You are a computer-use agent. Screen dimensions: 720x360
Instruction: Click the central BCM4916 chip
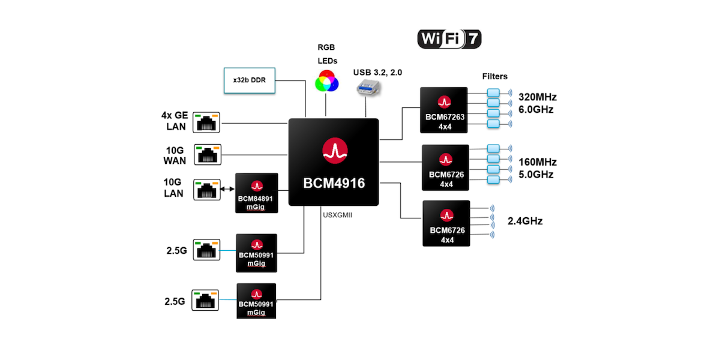334,162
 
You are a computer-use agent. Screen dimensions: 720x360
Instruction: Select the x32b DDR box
250,80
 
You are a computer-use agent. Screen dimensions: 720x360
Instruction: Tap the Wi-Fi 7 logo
449,39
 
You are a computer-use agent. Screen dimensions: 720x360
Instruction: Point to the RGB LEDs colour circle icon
327,81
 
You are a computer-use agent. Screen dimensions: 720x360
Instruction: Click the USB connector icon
368,88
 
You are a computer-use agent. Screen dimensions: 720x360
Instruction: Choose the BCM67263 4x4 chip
444,110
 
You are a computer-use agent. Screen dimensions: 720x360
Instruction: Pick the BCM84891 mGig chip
257,193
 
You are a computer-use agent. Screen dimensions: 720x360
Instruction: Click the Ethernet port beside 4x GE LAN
206,122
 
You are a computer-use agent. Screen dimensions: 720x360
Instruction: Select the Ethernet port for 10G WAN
208,155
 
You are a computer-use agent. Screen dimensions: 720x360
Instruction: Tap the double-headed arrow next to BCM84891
227,189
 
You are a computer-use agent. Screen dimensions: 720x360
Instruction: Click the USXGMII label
337,215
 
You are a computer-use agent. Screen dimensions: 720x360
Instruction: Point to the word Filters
494,77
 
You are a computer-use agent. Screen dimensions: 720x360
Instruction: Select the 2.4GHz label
525,221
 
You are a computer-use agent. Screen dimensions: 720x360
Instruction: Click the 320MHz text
538,97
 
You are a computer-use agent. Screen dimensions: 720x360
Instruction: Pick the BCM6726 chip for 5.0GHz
445,167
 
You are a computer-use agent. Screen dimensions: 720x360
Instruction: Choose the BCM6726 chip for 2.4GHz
446,223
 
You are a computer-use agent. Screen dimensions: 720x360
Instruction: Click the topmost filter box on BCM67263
493,92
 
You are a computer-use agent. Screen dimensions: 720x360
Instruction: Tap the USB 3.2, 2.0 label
377,73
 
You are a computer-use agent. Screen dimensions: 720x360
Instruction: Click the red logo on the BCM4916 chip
335,151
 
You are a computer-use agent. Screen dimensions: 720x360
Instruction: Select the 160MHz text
538,162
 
